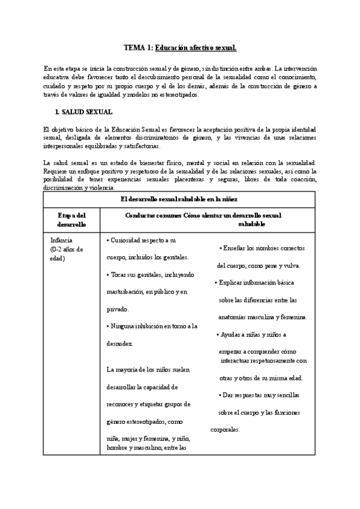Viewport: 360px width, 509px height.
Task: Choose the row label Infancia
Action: click(62, 240)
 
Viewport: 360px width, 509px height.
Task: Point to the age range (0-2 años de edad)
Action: click(67, 254)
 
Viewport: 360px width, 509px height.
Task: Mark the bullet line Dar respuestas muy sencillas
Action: click(259, 395)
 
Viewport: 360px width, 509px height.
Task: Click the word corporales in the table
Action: click(226, 430)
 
